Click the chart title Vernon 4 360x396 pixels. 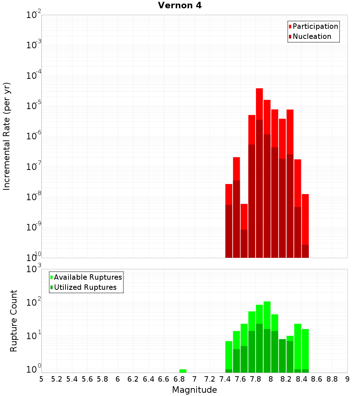pyautogui.click(x=180, y=5)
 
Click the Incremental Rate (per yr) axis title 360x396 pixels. pyautogui.click(x=7, y=136)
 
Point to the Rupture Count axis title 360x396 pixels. pyautogui.click(x=13, y=321)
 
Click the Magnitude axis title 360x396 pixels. pyautogui.click(x=194, y=390)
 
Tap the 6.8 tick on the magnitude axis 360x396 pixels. pyautogui.click(x=179, y=379)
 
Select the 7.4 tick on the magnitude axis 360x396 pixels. pyautogui.click(x=225, y=379)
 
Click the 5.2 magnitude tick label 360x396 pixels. pyautogui.click(x=57, y=379)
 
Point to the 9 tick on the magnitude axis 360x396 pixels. pyautogui.click(x=347, y=379)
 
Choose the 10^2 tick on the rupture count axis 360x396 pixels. pyautogui.click(x=33, y=302)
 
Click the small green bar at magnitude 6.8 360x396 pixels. pyautogui.click(x=183, y=371)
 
